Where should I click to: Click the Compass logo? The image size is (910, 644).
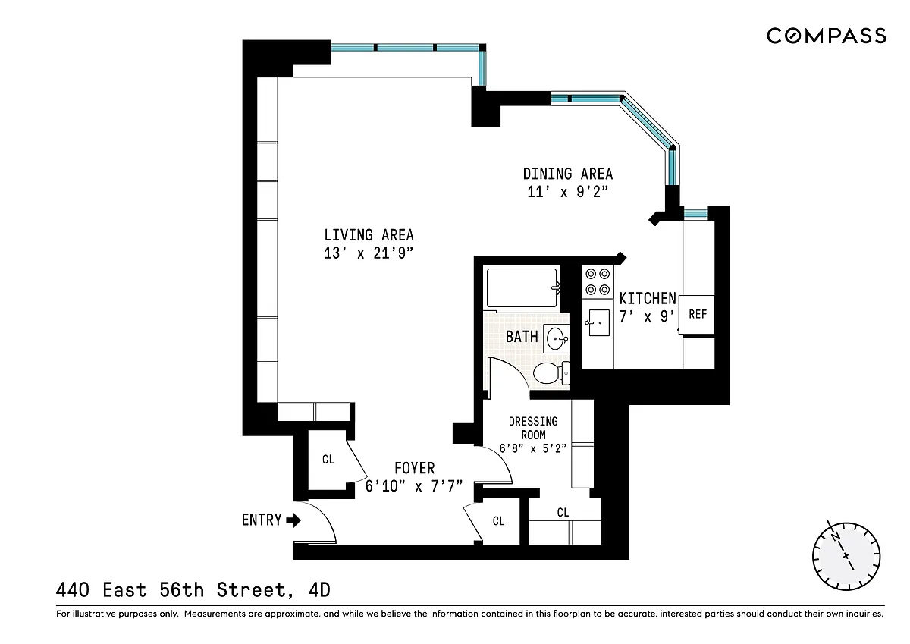tap(827, 36)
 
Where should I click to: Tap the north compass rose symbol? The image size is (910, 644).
tap(846, 556)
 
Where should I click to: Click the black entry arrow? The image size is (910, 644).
tap(293, 520)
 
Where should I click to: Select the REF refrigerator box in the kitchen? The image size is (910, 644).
tap(698, 315)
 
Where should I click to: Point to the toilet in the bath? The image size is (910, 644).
tap(551, 373)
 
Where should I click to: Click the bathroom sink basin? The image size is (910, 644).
tap(556, 338)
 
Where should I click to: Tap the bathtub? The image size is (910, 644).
tap(522, 288)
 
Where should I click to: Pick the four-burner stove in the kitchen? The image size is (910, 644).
tap(598, 281)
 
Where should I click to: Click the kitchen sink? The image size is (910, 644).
tap(598, 322)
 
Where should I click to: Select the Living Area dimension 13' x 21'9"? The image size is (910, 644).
tap(369, 253)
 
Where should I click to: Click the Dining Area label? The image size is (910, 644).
tap(567, 174)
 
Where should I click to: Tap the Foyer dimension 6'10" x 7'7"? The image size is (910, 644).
tap(414, 486)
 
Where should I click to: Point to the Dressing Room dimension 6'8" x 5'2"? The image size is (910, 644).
tap(532, 448)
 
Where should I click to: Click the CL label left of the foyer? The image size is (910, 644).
tap(328, 460)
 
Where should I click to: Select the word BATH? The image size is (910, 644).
tap(522, 337)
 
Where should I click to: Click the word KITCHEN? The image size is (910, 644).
tap(648, 299)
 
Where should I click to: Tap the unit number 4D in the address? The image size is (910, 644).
tap(319, 590)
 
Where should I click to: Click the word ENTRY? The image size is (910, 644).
tap(262, 520)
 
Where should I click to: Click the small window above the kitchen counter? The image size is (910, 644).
tap(695, 213)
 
